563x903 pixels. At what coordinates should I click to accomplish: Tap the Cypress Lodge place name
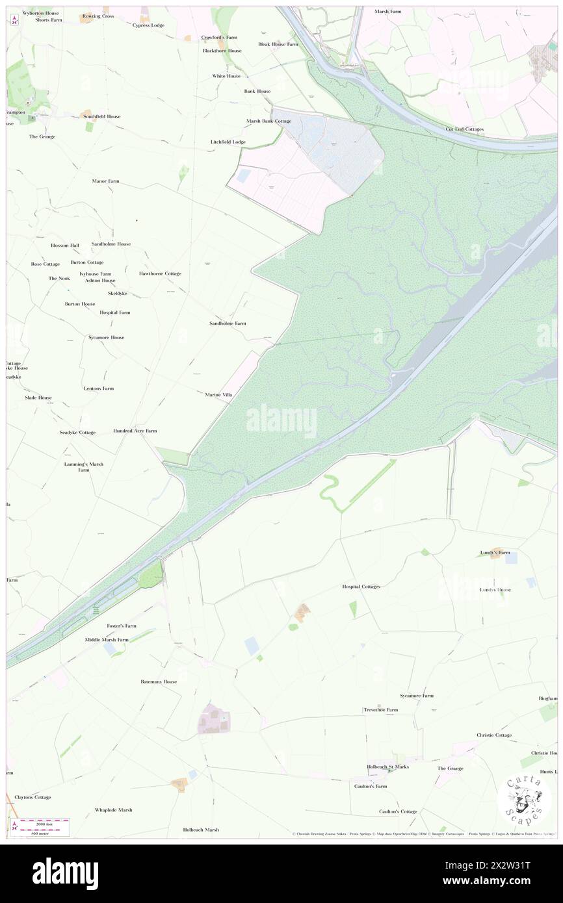[x=148, y=25]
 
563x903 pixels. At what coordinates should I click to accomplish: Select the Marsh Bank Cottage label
[x=268, y=121]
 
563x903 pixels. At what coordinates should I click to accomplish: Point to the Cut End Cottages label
[x=464, y=129]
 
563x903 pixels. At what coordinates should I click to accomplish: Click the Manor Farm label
[x=105, y=181]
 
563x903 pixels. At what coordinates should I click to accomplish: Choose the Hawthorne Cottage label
[x=160, y=273]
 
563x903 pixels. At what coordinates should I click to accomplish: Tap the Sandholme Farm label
[x=228, y=323]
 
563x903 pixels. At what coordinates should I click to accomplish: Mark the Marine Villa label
[x=218, y=394]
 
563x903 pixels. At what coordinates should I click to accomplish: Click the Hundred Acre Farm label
[x=135, y=431]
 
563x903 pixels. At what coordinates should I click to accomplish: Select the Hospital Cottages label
[x=361, y=587]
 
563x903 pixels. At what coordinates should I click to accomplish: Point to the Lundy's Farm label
[x=495, y=552]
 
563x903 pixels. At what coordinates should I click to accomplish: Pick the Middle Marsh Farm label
[x=107, y=640]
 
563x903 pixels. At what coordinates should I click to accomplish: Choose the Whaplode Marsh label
[x=113, y=810]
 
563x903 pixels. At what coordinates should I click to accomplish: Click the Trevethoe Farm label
[x=380, y=710]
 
